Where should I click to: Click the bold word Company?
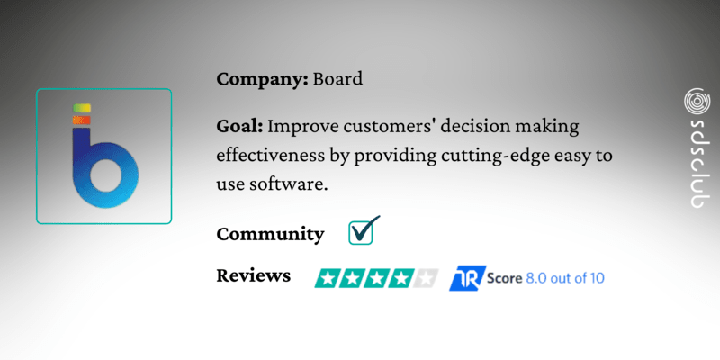click(x=261, y=79)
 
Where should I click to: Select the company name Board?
click(x=337, y=78)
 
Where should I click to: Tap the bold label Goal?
click(x=239, y=126)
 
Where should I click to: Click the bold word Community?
click(x=270, y=235)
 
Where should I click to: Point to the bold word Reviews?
click(x=254, y=275)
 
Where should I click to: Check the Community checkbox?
click(x=362, y=232)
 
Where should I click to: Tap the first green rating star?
click(x=326, y=278)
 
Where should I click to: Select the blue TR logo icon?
click(x=467, y=277)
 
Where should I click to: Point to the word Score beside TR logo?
click(x=502, y=277)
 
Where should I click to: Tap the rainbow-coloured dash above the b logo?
click(x=81, y=110)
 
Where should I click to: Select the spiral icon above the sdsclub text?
click(x=695, y=100)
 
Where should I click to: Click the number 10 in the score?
click(x=595, y=277)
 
